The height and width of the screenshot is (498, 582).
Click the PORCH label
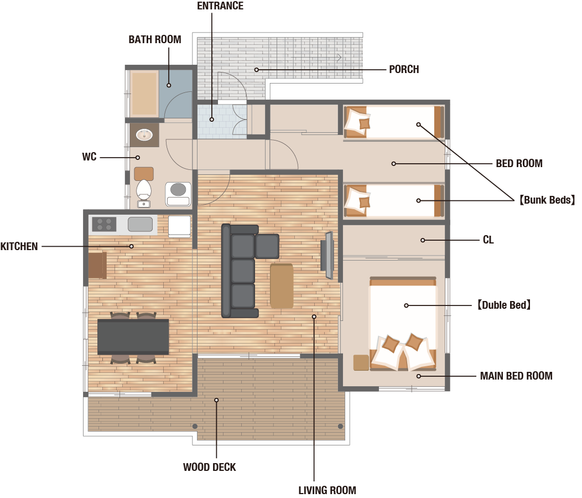404,70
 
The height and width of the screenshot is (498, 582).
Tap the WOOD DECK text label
209,467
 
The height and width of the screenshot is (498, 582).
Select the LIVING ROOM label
327,490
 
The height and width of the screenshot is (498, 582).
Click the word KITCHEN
19,247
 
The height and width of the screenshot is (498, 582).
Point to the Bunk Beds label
547,200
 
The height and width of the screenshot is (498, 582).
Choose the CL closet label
488,240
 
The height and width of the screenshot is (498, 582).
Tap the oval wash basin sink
144,135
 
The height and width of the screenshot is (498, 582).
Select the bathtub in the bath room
144,94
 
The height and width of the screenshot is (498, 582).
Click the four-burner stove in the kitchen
105,224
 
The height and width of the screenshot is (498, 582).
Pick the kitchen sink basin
140,224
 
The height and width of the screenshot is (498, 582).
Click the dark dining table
133,336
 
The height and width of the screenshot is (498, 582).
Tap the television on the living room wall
328,255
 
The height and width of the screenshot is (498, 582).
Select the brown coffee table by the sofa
282,286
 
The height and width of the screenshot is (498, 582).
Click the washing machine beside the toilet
178,194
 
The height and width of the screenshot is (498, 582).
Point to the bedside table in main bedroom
361,363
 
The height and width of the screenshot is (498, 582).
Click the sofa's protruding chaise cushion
267,246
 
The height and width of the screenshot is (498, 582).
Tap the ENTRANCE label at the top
220,6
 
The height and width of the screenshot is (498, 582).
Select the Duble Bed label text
503,305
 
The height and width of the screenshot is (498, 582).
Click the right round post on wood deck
340,426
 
